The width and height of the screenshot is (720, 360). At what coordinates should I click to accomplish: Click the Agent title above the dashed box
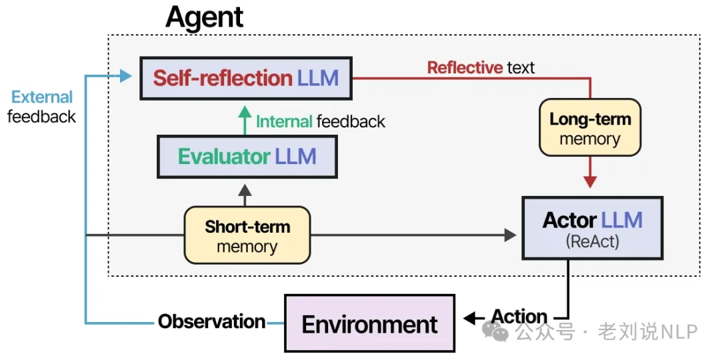204,18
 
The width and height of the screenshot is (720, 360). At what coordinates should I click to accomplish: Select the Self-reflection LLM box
246,78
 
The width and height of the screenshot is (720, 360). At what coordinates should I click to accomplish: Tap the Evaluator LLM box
246,157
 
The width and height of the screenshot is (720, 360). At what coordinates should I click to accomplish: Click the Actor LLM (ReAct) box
592,227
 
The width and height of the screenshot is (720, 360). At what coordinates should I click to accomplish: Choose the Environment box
369,324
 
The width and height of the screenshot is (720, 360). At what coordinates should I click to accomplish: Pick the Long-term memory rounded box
590,129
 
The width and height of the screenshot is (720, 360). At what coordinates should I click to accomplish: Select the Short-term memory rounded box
247,235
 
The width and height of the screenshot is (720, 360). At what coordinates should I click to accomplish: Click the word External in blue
42,97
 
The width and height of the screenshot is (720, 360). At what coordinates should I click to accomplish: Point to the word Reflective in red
465,67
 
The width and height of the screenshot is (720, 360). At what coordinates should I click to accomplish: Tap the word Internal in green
284,121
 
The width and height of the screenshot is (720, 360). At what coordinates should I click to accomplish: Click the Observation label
211,322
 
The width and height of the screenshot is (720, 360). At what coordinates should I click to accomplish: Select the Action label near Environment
519,317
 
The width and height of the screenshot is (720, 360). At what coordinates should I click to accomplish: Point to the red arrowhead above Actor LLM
590,182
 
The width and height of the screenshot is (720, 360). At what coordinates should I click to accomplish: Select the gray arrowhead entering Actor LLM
510,235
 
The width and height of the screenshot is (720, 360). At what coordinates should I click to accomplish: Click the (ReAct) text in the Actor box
592,241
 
